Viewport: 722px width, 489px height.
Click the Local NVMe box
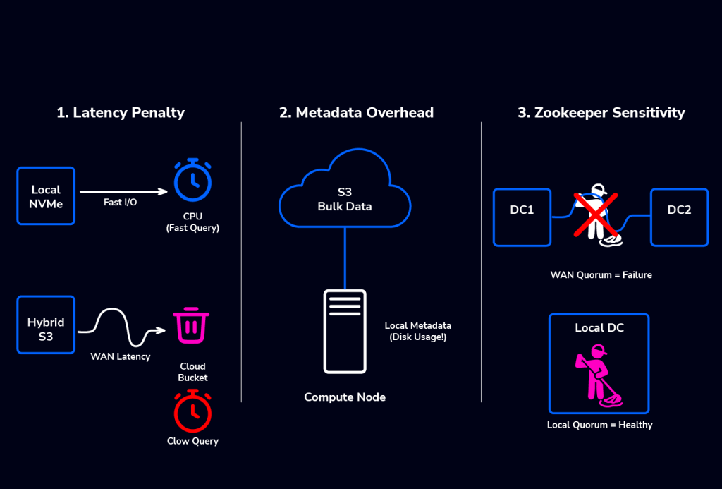46,195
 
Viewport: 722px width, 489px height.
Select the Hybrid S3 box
46,325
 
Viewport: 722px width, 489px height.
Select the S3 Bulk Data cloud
345,194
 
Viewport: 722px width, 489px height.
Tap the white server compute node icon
345,330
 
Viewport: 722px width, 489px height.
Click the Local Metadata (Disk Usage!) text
417,331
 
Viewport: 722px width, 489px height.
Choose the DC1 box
522,217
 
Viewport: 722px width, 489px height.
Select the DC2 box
679,217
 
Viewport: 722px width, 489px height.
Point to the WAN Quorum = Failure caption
601,274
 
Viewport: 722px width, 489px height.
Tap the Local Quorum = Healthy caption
599,425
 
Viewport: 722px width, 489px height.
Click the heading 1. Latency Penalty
121,113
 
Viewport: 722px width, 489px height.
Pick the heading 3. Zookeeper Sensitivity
601,113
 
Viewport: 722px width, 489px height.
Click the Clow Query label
192,441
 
